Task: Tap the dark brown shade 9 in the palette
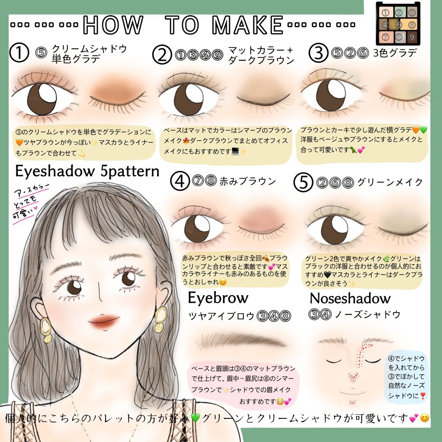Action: click(412, 38)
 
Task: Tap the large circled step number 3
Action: click(319, 54)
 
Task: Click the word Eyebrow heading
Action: click(218, 298)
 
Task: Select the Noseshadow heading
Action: click(350, 298)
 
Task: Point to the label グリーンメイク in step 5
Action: click(390, 182)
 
